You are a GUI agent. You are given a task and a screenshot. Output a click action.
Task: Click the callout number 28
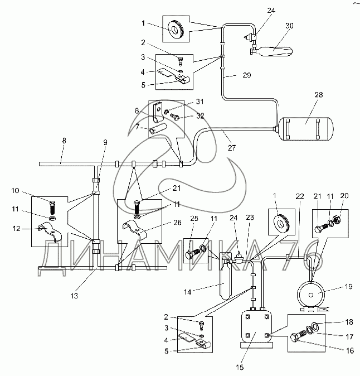pos(319,95)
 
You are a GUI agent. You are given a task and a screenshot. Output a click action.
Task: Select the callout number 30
pos(289,26)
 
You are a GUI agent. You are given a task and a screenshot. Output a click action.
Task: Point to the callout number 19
pos(349,286)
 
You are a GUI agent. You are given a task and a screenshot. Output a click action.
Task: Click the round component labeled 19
pos(310,295)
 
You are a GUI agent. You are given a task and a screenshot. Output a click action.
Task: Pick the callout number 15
pos(240,367)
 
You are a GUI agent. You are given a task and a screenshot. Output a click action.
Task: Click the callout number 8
pos(64,141)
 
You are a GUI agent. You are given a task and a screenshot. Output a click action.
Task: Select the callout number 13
pos(74,296)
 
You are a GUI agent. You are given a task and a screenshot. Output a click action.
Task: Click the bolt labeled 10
pos(52,208)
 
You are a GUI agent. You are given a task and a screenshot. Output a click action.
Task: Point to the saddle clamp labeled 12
pos(51,232)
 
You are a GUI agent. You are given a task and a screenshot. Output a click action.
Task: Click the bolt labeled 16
pos(298,336)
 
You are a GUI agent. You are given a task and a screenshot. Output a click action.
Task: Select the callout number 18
pos(349,322)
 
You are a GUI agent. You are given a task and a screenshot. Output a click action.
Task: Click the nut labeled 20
pos(337,219)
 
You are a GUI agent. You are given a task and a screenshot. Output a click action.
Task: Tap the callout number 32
pos(200,116)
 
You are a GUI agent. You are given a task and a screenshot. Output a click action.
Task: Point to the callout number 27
pos(232,148)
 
